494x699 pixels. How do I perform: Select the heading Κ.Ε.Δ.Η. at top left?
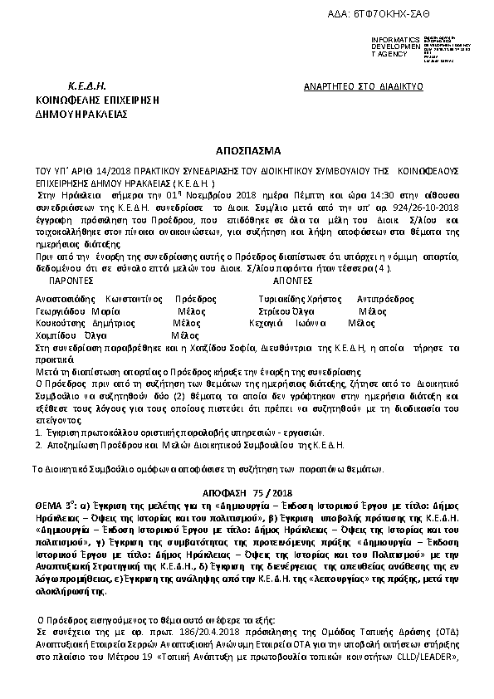pyautogui.click(x=86, y=86)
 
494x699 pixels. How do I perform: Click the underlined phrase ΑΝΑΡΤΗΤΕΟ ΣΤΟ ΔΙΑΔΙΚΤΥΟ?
pyautogui.click(x=364, y=86)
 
